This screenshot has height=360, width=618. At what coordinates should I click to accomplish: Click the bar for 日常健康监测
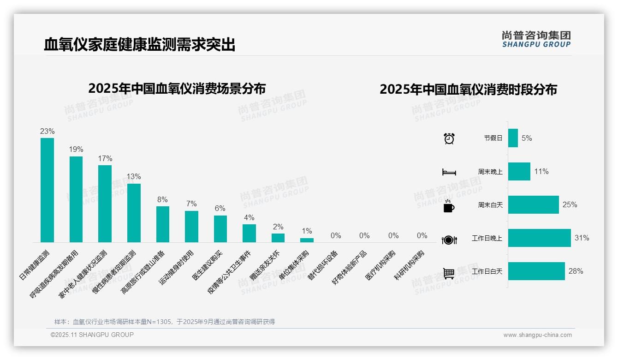point(47,190)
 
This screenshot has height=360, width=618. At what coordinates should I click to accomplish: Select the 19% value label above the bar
point(76,150)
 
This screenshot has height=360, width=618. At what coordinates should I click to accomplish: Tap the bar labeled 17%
point(105,204)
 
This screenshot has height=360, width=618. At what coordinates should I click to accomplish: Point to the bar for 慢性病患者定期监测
point(134,213)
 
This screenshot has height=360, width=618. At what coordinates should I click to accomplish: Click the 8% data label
point(162,200)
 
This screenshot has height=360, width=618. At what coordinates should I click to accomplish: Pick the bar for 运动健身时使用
point(191,227)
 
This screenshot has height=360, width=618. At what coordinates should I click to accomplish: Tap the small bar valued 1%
point(307,240)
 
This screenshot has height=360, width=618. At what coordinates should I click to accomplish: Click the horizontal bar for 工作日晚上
point(539,238)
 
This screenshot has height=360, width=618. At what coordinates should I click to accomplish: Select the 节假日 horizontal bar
point(513,138)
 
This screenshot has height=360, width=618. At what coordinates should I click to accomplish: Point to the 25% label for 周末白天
point(570,204)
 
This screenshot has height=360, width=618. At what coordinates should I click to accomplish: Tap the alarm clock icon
point(449,138)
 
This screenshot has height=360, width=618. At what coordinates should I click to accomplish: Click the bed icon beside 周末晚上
point(449,172)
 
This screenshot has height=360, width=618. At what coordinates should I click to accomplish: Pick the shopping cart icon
point(449,273)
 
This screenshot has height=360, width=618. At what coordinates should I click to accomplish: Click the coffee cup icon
point(449,206)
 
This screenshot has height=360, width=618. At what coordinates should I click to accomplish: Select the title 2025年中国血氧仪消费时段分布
point(468,90)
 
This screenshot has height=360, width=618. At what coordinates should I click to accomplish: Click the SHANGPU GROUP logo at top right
point(536,39)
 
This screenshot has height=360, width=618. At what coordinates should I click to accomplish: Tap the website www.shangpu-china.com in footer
point(537,335)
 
